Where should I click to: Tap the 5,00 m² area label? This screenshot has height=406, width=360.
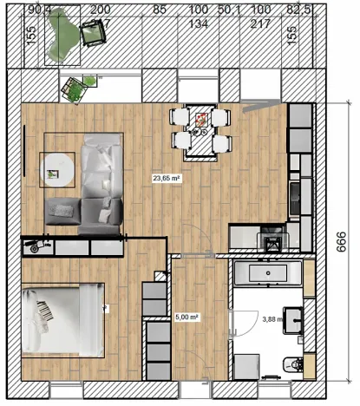tap(187, 318)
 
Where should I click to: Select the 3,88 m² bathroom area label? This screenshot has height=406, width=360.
tap(272, 319)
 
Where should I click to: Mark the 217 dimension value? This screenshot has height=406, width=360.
tap(259, 23)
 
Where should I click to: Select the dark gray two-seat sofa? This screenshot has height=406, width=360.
tap(84, 209)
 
